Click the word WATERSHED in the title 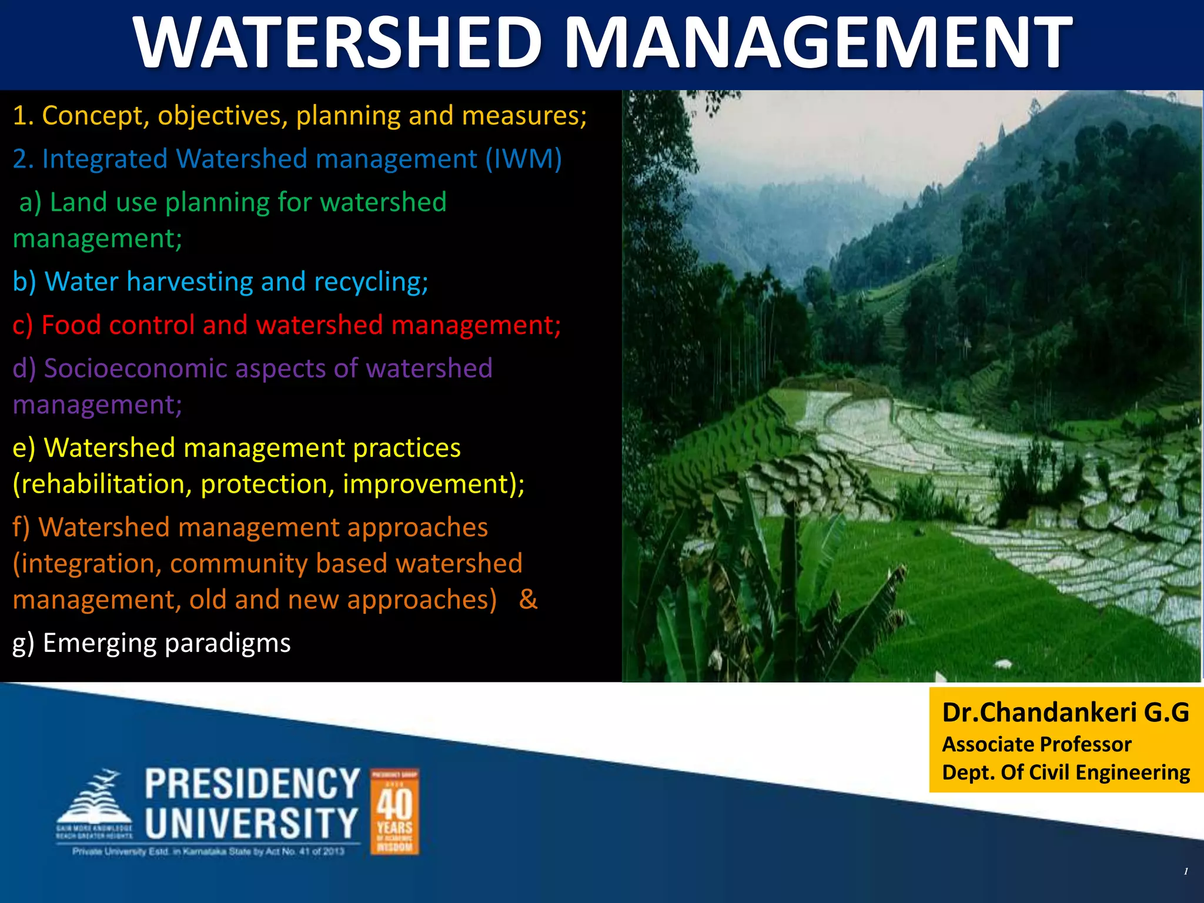coord(338,42)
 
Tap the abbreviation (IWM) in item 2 coord(523,159)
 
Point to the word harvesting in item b coord(189,282)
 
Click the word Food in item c coord(70,325)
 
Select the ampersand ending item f coord(528,600)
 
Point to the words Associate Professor coord(1036,744)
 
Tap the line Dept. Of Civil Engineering coord(1065,772)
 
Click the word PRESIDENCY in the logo coord(252,784)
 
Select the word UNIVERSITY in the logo coord(252,823)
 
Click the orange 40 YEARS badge coord(394,811)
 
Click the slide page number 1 coord(1186,871)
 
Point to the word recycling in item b coord(370,282)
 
